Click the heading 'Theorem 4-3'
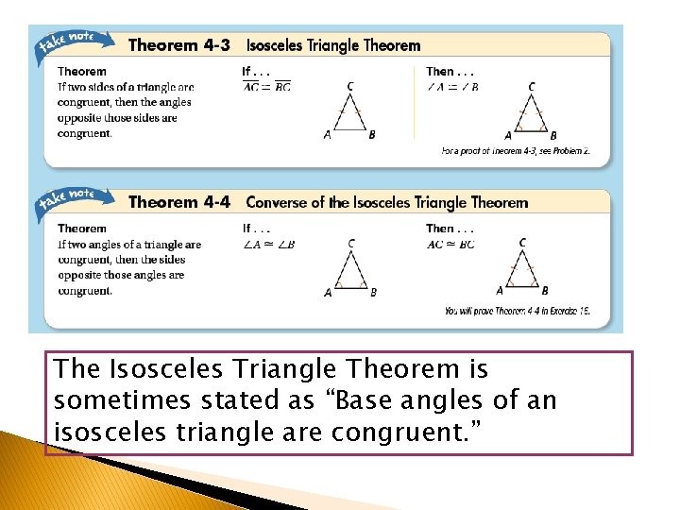coord(178,44)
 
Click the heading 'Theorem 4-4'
coord(178,202)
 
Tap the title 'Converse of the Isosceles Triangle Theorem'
coord(386,202)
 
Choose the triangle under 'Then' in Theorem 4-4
coord(522,270)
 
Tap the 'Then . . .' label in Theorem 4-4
coord(450,228)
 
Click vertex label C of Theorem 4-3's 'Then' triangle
coord(532,87)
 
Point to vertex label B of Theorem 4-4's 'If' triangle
coord(373,293)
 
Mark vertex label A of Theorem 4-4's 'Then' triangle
coord(500,291)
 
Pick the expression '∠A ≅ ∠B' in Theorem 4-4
coord(269,245)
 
